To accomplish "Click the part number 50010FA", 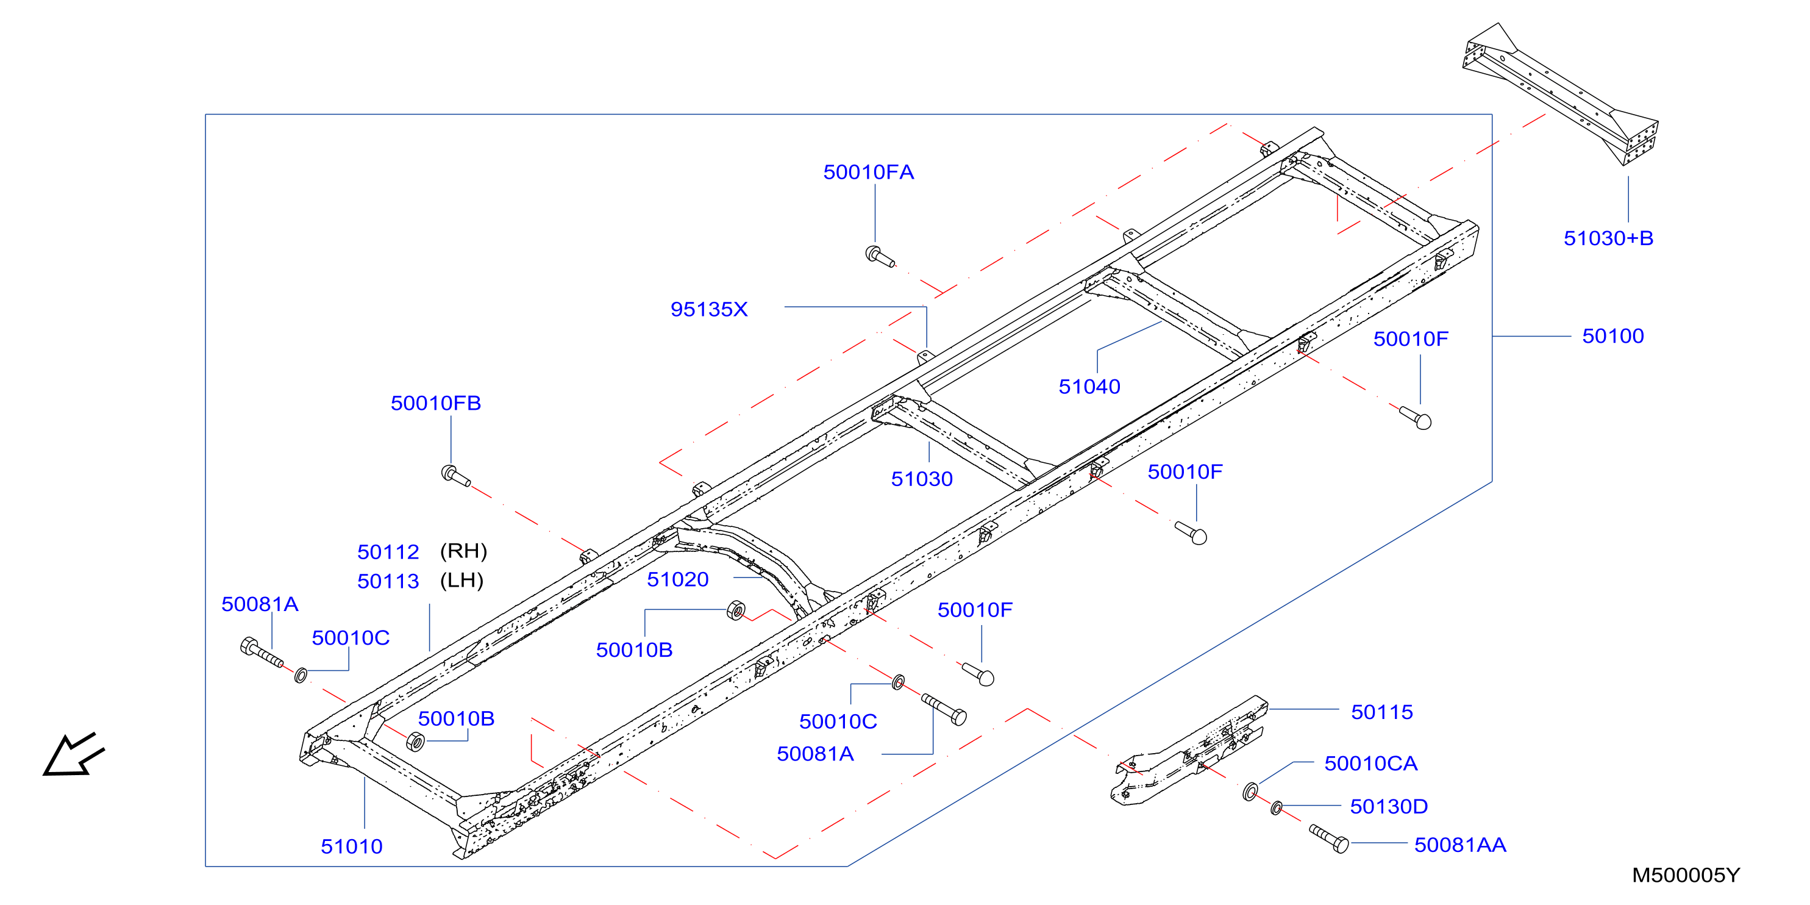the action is tap(869, 172).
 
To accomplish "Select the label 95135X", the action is tap(709, 309).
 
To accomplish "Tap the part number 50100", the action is tap(1612, 336).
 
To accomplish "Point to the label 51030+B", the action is tap(1608, 238).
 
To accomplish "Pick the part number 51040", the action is tap(1089, 387).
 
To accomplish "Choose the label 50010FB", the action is tap(436, 403).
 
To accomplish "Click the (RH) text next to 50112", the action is tap(464, 551).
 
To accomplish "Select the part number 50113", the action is tap(388, 581).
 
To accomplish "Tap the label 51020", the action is tap(677, 579).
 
